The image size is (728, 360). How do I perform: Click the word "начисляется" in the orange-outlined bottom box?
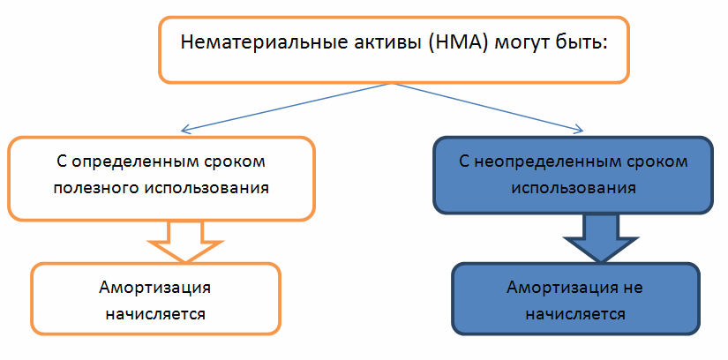[x=155, y=312]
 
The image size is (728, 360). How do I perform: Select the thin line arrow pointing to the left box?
[x=282, y=107]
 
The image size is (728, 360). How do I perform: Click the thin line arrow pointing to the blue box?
[x=486, y=107]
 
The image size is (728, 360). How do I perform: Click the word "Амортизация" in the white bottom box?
[x=155, y=289]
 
